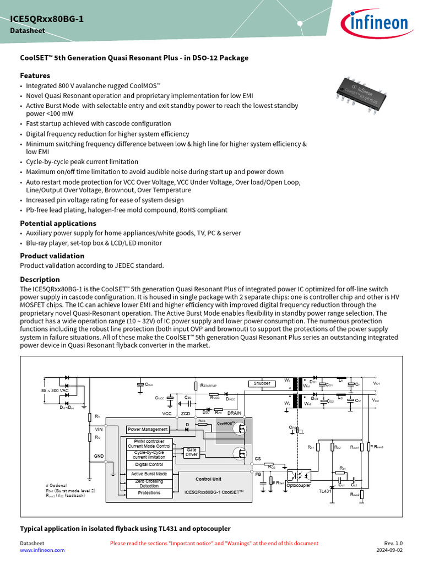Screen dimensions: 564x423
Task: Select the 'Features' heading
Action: [35, 75]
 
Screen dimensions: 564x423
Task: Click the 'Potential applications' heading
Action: [58, 223]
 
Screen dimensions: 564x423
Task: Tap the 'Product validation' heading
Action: [52, 256]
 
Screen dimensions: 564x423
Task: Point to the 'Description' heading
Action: [40, 279]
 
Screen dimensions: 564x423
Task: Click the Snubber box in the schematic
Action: [262, 383]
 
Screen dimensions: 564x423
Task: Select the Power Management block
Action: [147, 429]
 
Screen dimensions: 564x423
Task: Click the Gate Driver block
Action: [191, 452]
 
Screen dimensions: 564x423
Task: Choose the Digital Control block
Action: [149, 465]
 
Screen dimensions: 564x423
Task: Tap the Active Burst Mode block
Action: [149, 474]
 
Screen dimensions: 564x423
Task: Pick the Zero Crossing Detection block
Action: [149, 484]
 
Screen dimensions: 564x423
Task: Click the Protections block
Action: [149, 493]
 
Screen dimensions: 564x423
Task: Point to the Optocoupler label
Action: [299, 485]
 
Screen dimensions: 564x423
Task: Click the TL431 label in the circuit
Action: [325, 491]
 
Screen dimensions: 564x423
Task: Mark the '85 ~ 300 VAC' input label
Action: [55, 391]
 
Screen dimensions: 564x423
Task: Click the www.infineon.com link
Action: [42, 550]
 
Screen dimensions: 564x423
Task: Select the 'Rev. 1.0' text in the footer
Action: [393, 543]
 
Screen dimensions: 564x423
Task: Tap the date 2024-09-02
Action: [389, 550]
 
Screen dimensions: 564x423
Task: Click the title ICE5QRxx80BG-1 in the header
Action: [47, 20]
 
